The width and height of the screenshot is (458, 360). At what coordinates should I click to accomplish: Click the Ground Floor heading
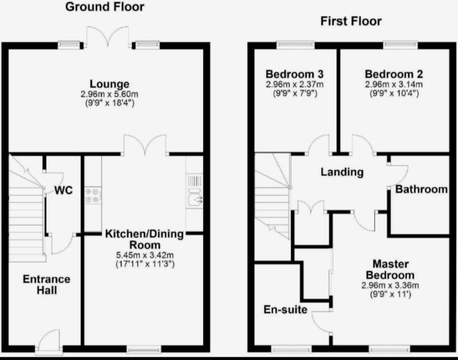click(x=105, y=7)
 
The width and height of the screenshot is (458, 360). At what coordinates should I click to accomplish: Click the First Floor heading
click(x=351, y=21)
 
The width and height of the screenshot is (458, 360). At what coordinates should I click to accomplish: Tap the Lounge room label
click(x=109, y=84)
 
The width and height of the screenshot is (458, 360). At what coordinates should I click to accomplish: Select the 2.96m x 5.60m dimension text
click(x=109, y=94)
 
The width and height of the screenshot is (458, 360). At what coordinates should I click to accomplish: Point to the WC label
click(x=64, y=190)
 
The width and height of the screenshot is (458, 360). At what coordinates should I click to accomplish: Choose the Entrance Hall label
click(x=47, y=284)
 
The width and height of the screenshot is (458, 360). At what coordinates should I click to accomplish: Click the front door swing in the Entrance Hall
click(x=49, y=339)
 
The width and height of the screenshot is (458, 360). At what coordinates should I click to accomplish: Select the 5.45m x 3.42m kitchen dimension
click(x=145, y=255)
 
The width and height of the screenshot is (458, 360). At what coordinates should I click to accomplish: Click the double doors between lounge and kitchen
click(x=145, y=144)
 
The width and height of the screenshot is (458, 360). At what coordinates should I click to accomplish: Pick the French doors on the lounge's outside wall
click(x=108, y=37)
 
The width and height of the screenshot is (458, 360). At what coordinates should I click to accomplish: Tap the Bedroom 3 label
click(x=294, y=74)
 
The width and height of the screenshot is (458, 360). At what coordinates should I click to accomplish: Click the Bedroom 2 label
click(x=394, y=74)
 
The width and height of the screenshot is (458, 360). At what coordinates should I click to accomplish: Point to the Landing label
click(x=342, y=172)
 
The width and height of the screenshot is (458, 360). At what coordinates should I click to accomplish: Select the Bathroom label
click(x=422, y=189)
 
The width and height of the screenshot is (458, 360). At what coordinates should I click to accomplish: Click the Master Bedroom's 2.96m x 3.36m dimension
click(x=390, y=285)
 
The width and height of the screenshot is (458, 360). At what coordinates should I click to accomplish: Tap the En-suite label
click(x=285, y=309)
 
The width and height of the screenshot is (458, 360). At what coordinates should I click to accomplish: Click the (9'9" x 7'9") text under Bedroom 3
click(x=295, y=94)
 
